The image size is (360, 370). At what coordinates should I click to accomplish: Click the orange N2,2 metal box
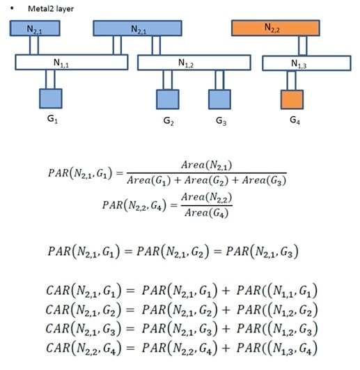(276, 28)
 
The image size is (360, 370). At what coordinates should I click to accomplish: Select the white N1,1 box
(72, 63)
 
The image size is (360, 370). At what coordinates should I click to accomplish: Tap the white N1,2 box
(194, 63)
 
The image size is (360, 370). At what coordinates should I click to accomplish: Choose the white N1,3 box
(306, 63)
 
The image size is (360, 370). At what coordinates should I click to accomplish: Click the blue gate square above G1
(51, 99)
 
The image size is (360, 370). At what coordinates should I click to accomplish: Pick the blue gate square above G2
(168, 99)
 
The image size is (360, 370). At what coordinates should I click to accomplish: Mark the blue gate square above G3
(219, 99)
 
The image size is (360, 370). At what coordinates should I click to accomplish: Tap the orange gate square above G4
(292, 99)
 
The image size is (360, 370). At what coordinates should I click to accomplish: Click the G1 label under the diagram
(52, 119)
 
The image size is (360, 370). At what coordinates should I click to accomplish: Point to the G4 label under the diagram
(295, 120)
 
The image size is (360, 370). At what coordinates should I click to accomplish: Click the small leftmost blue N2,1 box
(35, 29)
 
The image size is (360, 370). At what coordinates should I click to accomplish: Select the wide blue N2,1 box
(137, 29)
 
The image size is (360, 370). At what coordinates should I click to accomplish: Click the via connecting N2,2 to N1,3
(303, 46)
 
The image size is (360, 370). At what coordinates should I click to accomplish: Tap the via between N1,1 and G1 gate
(50, 79)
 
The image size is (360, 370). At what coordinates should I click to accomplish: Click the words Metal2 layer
(51, 9)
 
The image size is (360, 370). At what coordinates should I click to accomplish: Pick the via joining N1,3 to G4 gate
(291, 81)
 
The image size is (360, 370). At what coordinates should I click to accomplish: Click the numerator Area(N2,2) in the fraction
(206, 197)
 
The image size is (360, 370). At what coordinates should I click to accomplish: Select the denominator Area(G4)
(206, 213)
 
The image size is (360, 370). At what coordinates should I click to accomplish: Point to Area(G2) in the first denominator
(206, 181)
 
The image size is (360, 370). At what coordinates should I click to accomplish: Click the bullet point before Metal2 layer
(12, 8)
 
